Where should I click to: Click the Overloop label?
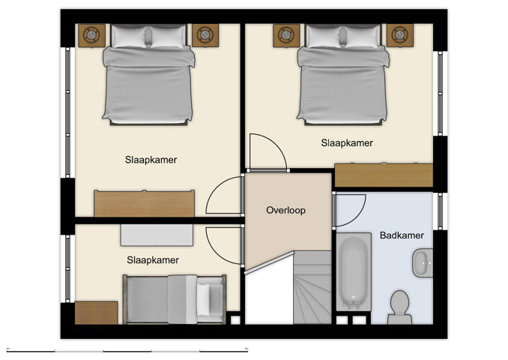tap(286, 210)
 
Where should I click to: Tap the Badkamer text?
tap(402, 235)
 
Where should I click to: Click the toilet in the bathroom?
tap(399, 306)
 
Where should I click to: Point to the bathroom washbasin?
tap(422, 262)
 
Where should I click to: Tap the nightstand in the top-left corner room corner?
tap(91, 34)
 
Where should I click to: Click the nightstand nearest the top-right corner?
tap(399, 34)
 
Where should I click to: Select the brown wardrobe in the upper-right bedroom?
tap(383, 175)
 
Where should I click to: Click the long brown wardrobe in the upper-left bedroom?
tap(144, 203)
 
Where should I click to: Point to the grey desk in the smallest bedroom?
tap(157, 235)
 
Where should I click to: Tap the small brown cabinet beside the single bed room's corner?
tap(96, 312)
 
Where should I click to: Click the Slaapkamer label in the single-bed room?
tap(152, 260)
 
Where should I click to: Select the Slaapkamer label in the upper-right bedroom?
tap(347, 142)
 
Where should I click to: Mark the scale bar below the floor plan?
tap(127, 349)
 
